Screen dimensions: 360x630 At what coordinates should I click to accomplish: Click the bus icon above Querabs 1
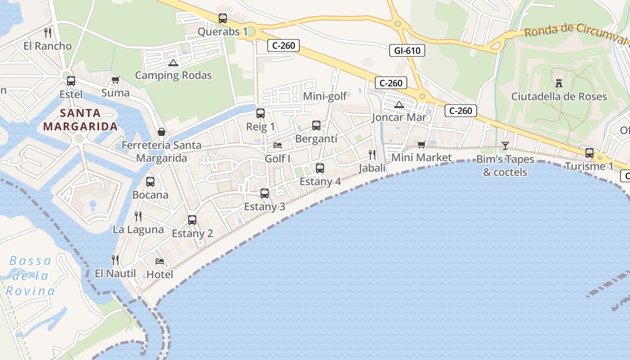[x=223, y=18]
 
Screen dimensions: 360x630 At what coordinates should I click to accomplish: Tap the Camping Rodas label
[x=173, y=75]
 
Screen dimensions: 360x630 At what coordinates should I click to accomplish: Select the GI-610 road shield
[x=407, y=50]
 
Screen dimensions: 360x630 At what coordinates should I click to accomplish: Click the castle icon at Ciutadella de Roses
[x=559, y=83]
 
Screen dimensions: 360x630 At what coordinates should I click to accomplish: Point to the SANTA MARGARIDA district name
[x=80, y=120]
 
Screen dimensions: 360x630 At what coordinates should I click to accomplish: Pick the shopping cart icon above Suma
[x=116, y=80]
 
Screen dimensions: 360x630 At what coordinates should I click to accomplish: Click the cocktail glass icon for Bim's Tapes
[x=505, y=145]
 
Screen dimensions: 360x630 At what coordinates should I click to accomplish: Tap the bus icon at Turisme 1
[x=589, y=153]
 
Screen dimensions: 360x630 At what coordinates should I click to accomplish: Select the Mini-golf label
[x=325, y=96]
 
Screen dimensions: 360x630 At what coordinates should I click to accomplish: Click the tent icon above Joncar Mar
[x=399, y=105]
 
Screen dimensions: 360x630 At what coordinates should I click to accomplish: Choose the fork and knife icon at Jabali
[x=372, y=155]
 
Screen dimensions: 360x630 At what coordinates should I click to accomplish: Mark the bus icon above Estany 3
[x=265, y=193]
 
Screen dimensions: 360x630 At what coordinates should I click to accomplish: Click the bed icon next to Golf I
[x=278, y=145]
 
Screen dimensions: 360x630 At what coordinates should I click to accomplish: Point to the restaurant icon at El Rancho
[x=48, y=32]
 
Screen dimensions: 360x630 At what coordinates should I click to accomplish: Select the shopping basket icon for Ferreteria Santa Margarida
[x=162, y=132]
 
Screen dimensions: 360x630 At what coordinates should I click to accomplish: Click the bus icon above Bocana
[x=150, y=182]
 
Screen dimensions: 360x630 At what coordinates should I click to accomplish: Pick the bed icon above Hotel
[x=160, y=261]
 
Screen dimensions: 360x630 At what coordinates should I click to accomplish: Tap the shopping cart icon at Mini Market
[x=421, y=144]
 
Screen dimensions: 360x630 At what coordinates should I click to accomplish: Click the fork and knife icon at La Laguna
[x=138, y=216]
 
